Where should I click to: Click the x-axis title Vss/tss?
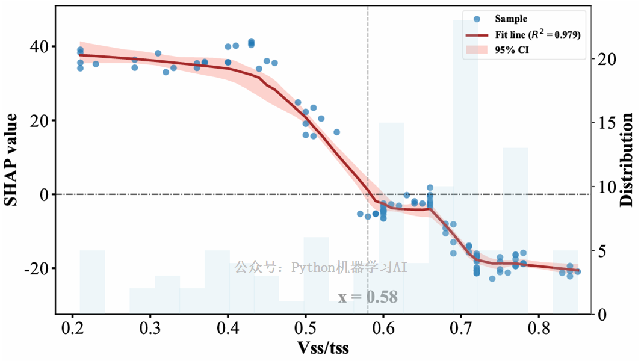tap(323, 348)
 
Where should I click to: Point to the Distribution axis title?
tap(627, 160)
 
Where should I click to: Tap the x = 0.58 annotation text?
tap(368, 297)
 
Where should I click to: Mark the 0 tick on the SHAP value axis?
tap(45, 194)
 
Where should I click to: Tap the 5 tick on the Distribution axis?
tap(602, 250)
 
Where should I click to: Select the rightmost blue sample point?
tap(577, 271)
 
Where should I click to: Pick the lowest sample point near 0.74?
tap(492, 279)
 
